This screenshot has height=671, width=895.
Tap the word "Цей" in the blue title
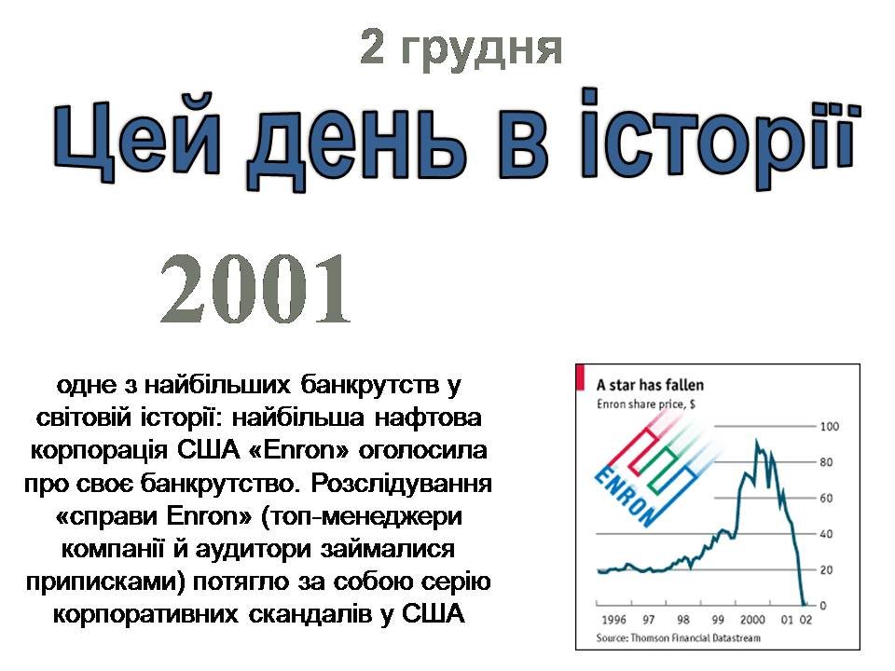pyautogui.click(x=137, y=143)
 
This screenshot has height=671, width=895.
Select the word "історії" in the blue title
pyautogui.click(x=719, y=137)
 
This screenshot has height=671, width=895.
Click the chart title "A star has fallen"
pyautogui.click(x=650, y=385)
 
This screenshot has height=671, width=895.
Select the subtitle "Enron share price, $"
pyautogui.click(x=645, y=404)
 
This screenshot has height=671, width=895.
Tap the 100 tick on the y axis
pyautogui.click(x=830, y=426)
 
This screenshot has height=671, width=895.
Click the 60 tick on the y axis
pyautogui.click(x=827, y=498)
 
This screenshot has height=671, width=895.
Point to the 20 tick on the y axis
pyautogui.click(x=827, y=570)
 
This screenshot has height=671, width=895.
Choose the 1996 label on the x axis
pyautogui.click(x=614, y=620)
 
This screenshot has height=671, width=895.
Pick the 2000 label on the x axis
pyautogui.click(x=752, y=620)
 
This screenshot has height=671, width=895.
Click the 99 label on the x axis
pyautogui.click(x=718, y=620)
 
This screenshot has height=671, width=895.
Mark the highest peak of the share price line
pyautogui.click(x=757, y=440)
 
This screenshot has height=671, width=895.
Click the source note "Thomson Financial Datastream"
pyautogui.click(x=695, y=637)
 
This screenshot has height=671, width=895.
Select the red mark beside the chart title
pyautogui.click(x=581, y=378)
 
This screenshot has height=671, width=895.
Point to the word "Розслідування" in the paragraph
pyautogui.click(x=401, y=484)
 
